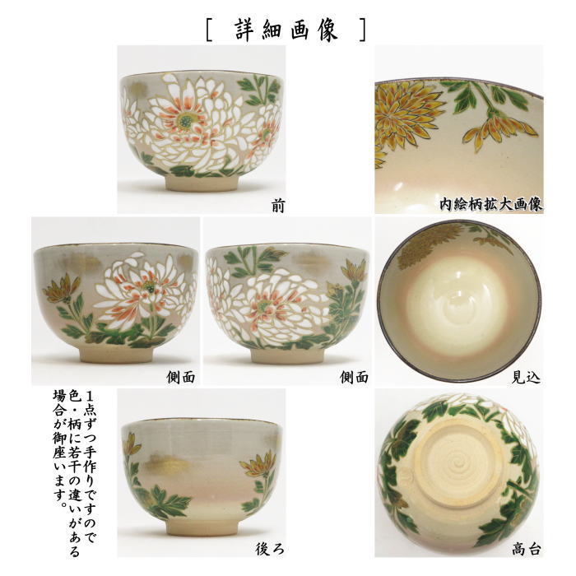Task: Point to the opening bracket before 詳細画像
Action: tap(211, 30)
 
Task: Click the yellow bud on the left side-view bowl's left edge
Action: tap(58, 289)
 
